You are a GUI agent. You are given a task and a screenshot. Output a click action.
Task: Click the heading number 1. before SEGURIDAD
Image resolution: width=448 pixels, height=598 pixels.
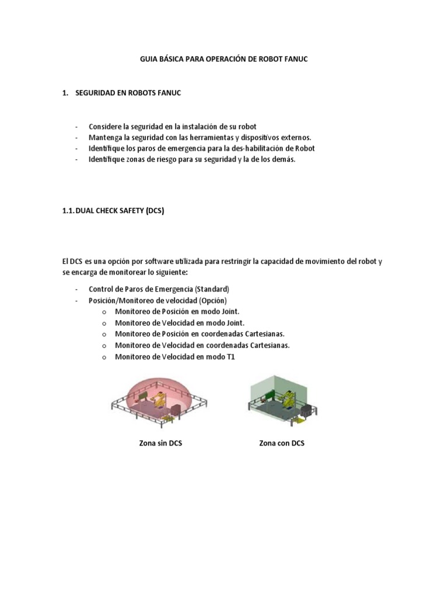65,93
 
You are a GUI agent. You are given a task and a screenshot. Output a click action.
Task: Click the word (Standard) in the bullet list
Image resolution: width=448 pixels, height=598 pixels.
212,289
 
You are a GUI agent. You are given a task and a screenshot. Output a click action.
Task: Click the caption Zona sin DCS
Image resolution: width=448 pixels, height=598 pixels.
160,443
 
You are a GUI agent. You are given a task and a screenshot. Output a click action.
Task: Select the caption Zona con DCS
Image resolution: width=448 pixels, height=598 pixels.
282,443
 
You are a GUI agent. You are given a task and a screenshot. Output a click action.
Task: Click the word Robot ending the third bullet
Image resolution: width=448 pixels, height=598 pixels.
304,148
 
